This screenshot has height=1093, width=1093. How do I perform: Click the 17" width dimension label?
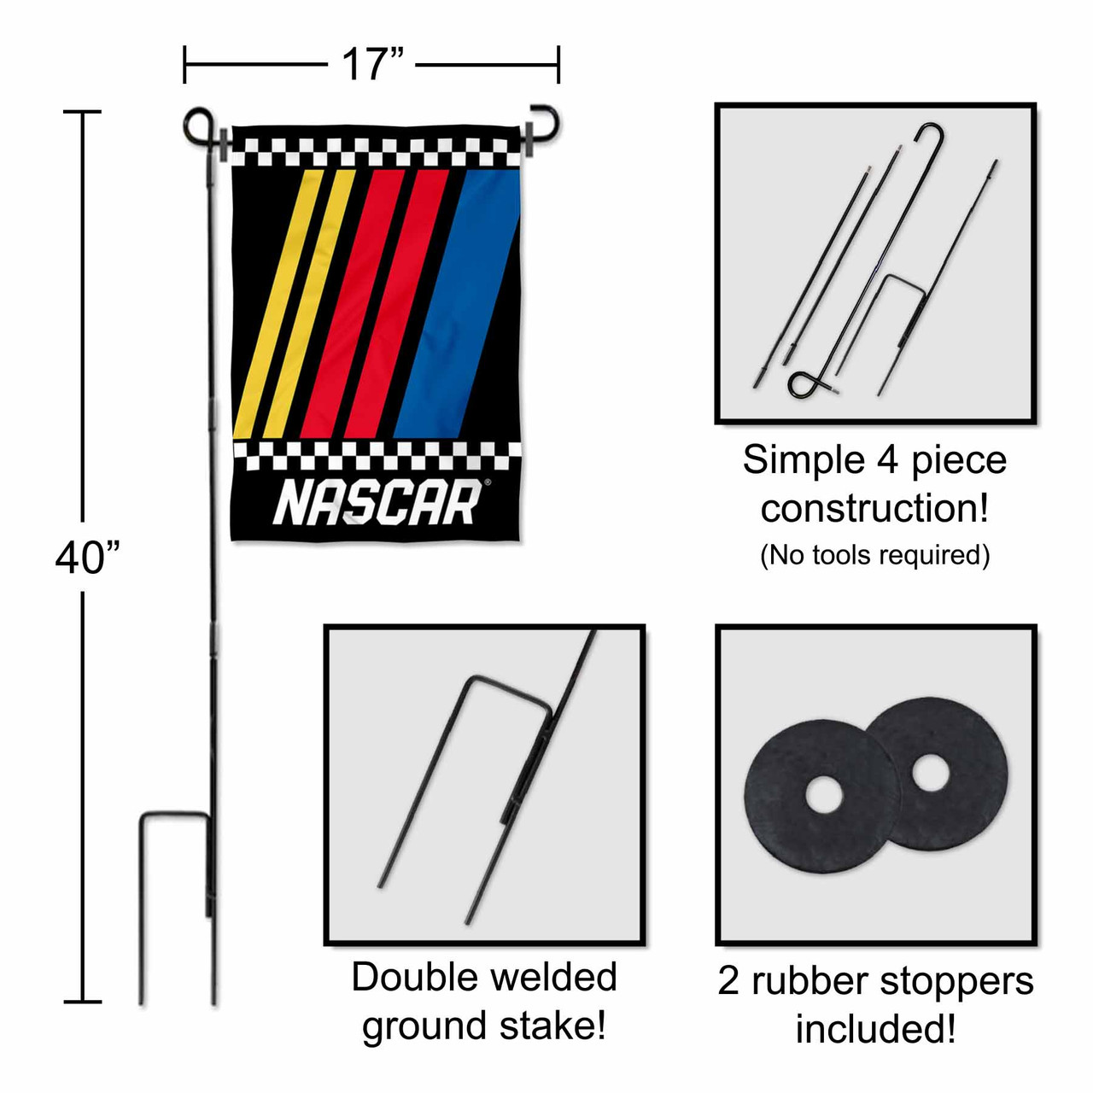372,65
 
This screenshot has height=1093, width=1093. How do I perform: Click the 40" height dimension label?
88,557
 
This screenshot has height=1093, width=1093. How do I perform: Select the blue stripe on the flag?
457,303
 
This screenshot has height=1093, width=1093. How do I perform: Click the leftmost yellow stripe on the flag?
278,303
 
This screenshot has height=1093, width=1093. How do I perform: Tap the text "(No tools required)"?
874,555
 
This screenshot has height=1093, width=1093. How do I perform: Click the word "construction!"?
874,508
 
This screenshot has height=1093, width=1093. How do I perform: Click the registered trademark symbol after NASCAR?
488,482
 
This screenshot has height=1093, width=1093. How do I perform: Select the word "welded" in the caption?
553,977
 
